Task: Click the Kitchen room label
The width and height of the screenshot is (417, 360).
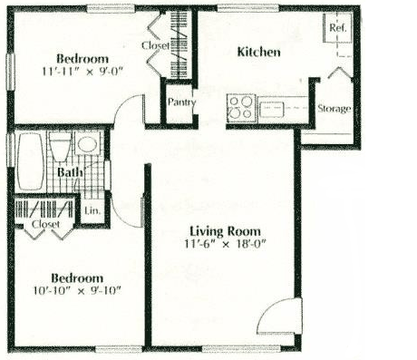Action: pos(258,53)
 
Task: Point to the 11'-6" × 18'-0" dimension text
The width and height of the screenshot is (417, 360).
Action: pos(225,244)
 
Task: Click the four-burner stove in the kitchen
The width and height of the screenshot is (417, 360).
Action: pos(240,110)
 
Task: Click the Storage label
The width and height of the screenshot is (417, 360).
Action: pos(334,109)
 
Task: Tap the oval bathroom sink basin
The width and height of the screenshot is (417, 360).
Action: pos(88,145)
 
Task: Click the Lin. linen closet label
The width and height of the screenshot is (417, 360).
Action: pos(92,210)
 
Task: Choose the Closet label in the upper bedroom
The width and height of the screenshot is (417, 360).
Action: pos(155,44)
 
